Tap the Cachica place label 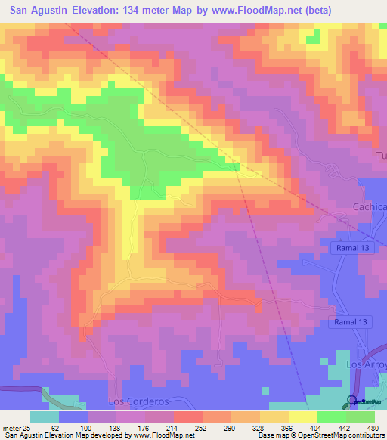coord(370,207)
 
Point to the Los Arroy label coord(366,364)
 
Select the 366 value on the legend coord(298,428)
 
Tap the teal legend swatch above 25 coord(44,417)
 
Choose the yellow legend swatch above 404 coord(302,417)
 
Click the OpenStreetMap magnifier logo coord(351,401)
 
